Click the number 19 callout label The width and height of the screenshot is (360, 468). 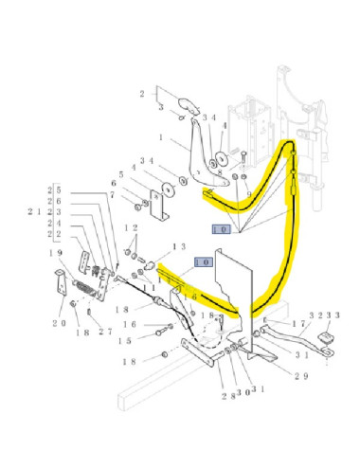tap(57, 252)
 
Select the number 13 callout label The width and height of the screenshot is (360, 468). tap(176, 245)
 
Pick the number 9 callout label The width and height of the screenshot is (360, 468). tap(249, 195)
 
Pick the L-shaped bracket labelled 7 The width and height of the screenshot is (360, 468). tap(161, 205)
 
